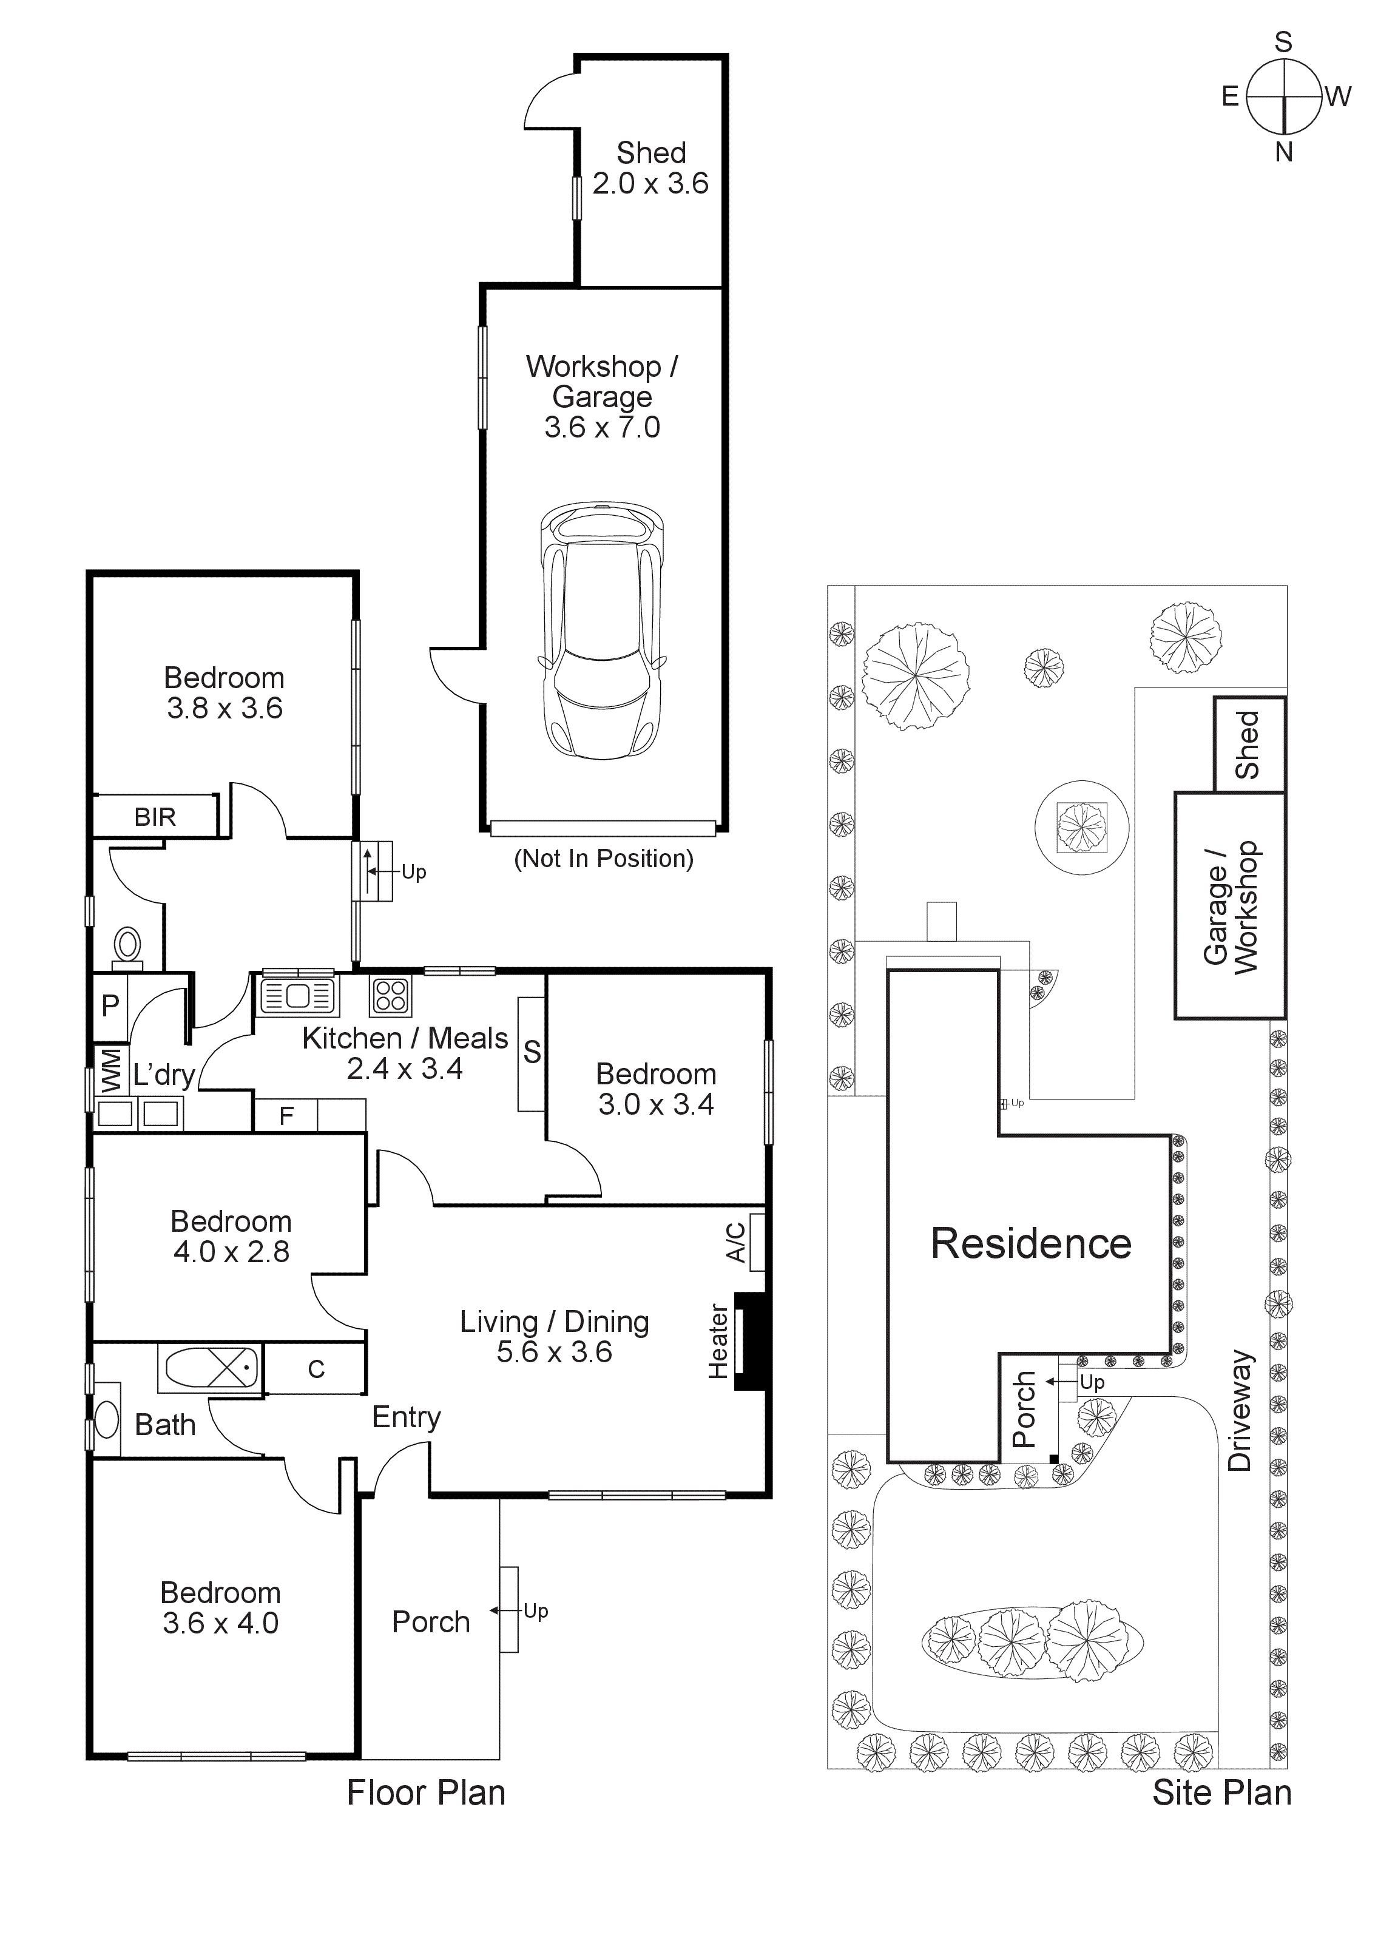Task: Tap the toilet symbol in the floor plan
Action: coord(127,945)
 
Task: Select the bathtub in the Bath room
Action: coord(209,1370)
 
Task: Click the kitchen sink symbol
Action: coord(297,996)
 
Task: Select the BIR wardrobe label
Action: coord(155,817)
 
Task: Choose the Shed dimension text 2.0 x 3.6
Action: coord(650,183)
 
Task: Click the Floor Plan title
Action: coord(425,1794)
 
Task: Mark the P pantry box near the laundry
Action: coord(110,1007)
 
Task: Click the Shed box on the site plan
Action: coord(1249,745)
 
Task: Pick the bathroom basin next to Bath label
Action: coord(107,1419)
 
